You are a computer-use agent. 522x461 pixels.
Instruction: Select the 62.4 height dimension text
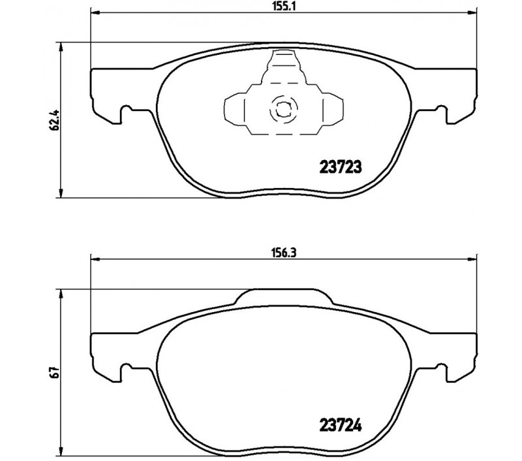[54, 120]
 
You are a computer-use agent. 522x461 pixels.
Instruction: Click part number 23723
[340, 167]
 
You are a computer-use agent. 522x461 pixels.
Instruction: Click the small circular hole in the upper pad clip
[283, 108]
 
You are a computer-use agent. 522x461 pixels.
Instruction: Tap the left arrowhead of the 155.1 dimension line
[95, 13]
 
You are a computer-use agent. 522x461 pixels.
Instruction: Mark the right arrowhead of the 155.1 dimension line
[472, 13]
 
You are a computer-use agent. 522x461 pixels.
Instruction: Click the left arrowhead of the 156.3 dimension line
[95, 259]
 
